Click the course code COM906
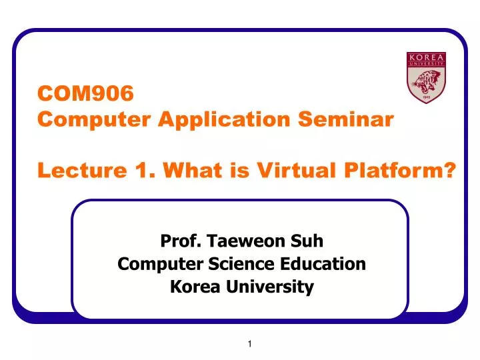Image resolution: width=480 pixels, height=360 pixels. pos(85,93)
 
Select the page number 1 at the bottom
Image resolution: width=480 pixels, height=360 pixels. pos(249,344)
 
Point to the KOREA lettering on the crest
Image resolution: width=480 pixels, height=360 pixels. pos(425,57)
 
